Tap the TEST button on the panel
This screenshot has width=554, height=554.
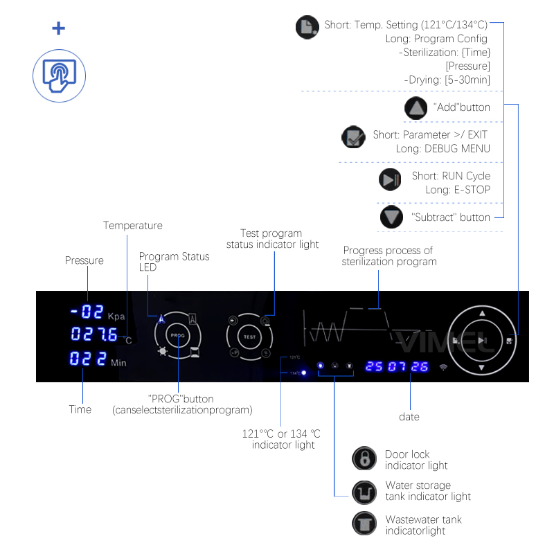[249, 337]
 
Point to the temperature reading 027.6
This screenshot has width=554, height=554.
[94, 335]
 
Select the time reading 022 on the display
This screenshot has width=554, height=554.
[88, 359]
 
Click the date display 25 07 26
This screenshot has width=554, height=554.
[397, 366]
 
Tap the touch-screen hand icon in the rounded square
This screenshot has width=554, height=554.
[59, 75]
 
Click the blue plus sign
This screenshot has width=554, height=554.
[59, 28]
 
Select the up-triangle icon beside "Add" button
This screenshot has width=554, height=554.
[416, 108]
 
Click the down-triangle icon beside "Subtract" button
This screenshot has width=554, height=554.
[391, 217]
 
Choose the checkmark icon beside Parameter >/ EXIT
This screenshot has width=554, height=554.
[353, 137]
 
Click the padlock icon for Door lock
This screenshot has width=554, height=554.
[364, 458]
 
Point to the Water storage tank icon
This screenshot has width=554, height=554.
[364, 492]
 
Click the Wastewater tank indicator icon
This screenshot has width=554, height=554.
[364, 524]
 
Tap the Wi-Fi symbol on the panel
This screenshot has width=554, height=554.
[443, 367]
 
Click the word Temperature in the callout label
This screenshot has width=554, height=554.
[133, 226]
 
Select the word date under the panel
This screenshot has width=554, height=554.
[409, 417]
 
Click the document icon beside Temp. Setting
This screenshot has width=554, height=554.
[306, 28]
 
